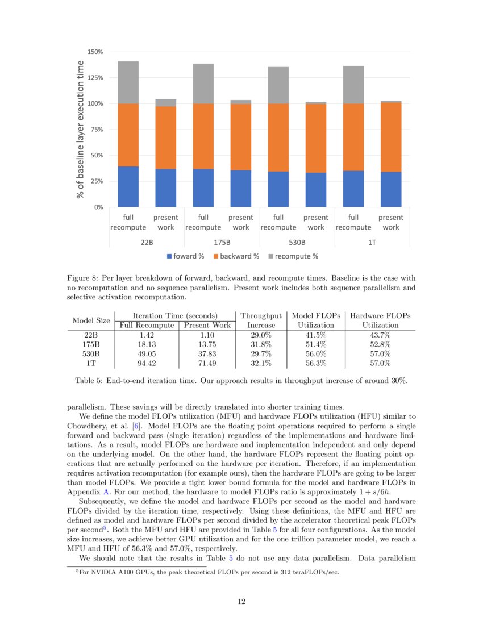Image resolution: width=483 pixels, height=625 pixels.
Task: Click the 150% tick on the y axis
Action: [x=95, y=52]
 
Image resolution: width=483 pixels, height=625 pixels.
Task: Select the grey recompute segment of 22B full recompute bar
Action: [x=128, y=82]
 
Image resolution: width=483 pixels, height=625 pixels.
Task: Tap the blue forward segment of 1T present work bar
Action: [x=391, y=189]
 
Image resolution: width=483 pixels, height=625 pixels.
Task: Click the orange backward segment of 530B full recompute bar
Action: [x=278, y=137]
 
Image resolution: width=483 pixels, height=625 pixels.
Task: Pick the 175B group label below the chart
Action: [x=222, y=242]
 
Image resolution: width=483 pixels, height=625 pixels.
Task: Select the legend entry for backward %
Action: [x=236, y=256]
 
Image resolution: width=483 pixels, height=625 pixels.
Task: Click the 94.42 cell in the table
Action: [x=147, y=363]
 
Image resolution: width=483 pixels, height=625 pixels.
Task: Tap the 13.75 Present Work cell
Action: [x=207, y=344]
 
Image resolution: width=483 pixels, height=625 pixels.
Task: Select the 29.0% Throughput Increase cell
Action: [x=261, y=335]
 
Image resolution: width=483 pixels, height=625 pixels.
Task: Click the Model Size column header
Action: [x=91, y=320]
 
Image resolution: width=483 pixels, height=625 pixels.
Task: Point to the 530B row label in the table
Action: [x=91, y=354]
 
